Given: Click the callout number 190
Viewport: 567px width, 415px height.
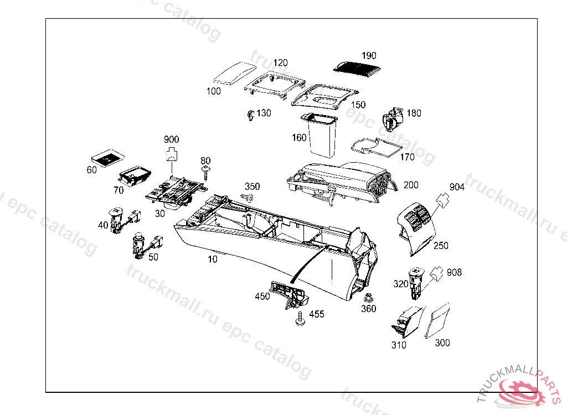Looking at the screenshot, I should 369,56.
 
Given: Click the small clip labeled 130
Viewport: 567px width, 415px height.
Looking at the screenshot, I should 250,115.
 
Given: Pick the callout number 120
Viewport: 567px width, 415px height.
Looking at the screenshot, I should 281,63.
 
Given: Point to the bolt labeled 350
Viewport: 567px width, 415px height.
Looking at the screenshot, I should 249,198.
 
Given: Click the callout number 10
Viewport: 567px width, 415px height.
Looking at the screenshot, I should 213,259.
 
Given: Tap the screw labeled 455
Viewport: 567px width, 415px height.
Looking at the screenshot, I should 300,320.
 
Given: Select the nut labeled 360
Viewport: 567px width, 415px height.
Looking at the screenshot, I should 368,298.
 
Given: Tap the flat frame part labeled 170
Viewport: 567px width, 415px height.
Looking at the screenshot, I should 377,147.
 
